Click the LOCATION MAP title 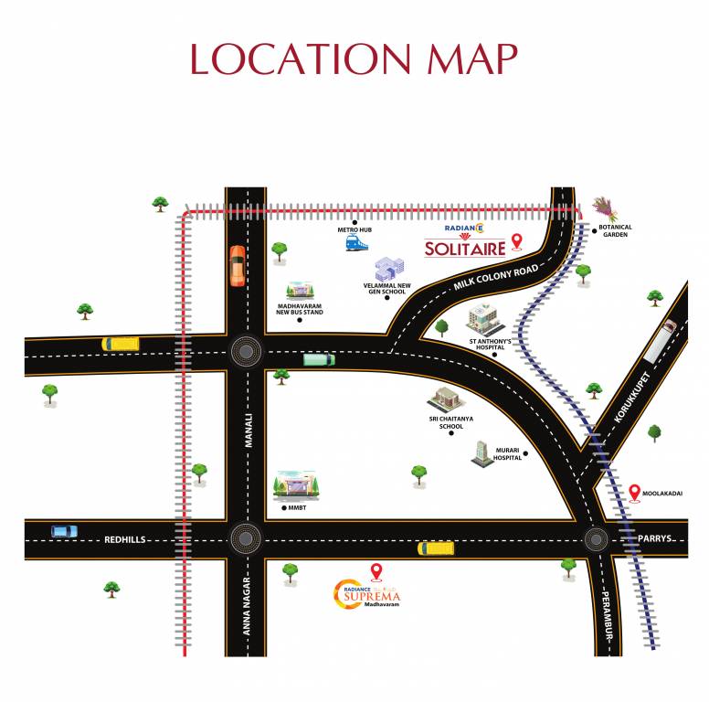354,58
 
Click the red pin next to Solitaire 517,241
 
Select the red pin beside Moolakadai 635,494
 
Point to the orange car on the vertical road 238,266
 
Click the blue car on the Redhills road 64,531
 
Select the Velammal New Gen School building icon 388,269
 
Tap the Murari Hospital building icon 481,452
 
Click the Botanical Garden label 616,230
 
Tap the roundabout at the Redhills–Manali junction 244,537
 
